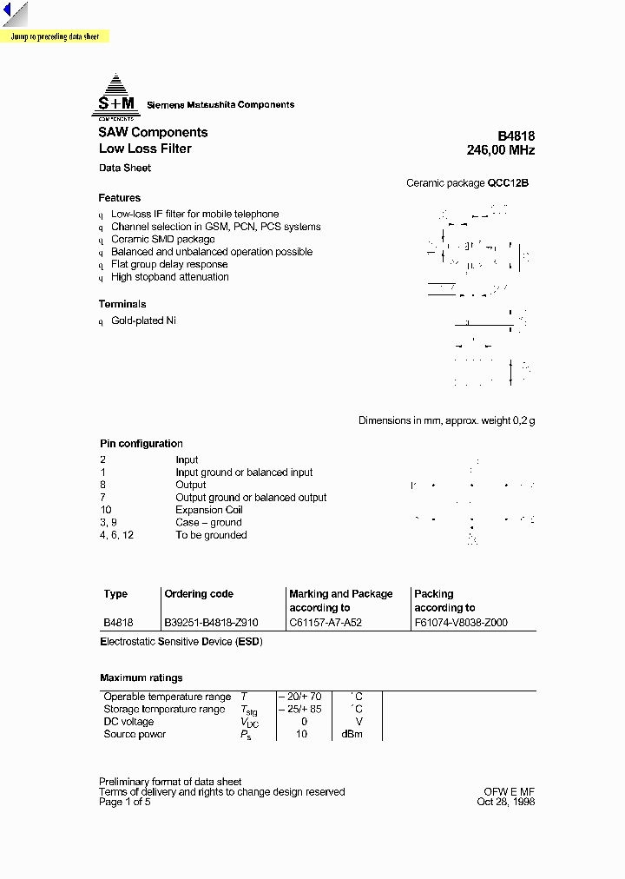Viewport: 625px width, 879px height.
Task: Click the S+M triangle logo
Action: point(115,96)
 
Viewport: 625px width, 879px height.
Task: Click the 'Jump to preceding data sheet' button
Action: point(55,37)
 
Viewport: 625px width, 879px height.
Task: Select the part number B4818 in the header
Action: point(516,136)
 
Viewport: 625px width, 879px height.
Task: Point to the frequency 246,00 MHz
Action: point(500,150)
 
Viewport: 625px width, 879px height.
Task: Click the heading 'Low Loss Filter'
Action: point(145,149)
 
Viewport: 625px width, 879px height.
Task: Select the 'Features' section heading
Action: point(120,198)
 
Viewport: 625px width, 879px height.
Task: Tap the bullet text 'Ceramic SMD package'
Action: point(162,239)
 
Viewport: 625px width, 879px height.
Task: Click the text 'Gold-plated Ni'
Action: point(144,321)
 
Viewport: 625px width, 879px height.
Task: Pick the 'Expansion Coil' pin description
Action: point(208,510)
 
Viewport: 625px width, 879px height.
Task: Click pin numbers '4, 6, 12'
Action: point(116,535)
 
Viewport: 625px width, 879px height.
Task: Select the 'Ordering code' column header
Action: point(199,594)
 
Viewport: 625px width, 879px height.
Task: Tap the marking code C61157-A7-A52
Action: point(326,623)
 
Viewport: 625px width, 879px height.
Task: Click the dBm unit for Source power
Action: point(352,734)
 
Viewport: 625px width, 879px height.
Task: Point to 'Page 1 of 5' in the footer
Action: point(125,802)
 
